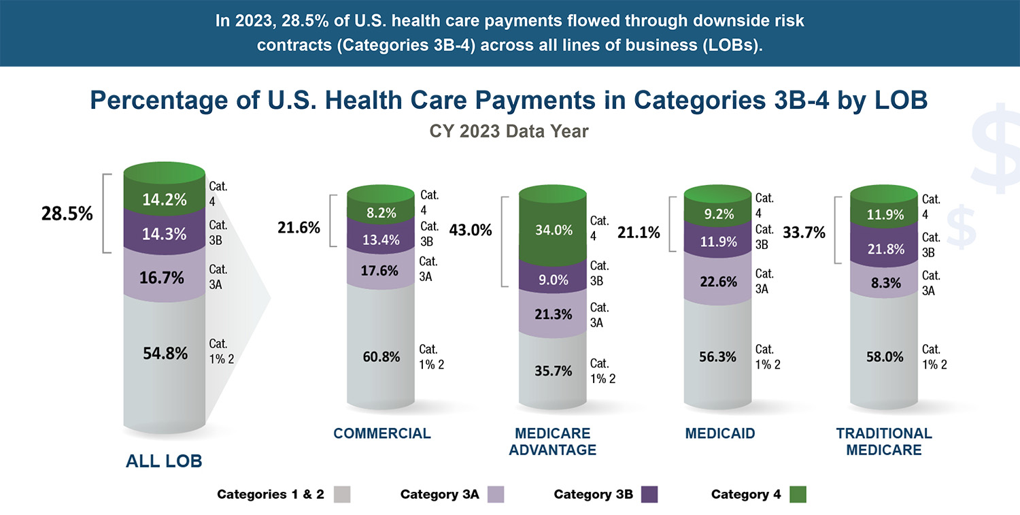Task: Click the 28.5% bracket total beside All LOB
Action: click(65, 214)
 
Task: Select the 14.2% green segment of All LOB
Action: click(164, 200)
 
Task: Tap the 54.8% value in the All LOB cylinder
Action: click(165, 353)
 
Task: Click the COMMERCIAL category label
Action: click(381, 433)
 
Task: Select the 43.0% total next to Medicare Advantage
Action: click(471, 230)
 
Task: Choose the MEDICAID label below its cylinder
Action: click(720, 433)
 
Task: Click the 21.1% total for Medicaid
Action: click(639, 233)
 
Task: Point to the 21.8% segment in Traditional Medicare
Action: click(885, 250)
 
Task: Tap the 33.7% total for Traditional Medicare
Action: click(804, 233)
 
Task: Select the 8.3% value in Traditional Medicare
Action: click(885, 281)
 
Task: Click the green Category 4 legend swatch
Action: click(797, 495)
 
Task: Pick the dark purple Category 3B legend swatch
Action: click(649, 495)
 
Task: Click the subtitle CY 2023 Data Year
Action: click(509, 131)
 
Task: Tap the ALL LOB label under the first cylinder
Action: click(164, 461)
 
